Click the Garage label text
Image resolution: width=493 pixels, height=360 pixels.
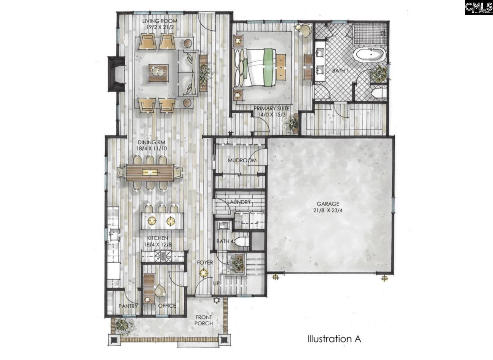pyautogui.click(x=328, y=204)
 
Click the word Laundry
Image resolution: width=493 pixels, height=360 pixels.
pyautogui.click(x=239, y=202)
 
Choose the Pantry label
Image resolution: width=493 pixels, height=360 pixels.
pyautogui.click(x=128, y=306)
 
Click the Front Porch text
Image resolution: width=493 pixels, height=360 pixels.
pyautogui.click(x=203, y=320)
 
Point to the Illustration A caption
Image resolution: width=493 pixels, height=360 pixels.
pyautogui.click(x=334, y=339)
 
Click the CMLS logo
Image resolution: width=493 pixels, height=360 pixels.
pyautogui.click(x=478, y=7)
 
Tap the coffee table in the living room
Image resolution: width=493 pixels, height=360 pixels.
pyautogui.click(x=158, y=73)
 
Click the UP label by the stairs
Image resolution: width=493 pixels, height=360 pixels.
pyautogui.click(x=217, y=283)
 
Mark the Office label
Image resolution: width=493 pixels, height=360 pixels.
pyautogui.click(x=167, y=306)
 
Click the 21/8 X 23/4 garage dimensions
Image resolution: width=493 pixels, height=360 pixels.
pyautogui.click(x=328, y=210)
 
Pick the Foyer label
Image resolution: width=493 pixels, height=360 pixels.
pyautogui.click(x=205, y=263)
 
